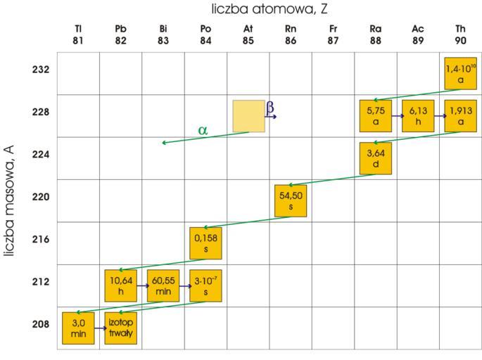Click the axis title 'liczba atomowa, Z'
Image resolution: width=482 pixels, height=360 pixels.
click(x=269, y=10)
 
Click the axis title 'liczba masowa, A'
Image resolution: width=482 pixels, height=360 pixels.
click(x=11, y=196)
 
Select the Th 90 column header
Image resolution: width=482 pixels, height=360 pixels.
click(x=460, y=33)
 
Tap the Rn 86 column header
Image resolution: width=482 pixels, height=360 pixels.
click(x=290, y=33)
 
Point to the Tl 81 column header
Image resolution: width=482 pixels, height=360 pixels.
click(x=78, y=33)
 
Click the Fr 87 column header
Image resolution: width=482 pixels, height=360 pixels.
click(x=333, y=33)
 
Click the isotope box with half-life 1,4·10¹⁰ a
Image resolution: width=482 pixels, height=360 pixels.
click(x=460, y=74)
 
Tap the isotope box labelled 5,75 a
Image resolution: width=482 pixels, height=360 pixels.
click(x=376, y=116)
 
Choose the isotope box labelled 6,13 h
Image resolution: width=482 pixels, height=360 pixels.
click(x=418, y=116)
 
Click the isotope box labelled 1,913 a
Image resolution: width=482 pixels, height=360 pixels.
click(x=460, y=116)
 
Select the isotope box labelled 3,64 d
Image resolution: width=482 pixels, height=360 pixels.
click(x=376, y=158)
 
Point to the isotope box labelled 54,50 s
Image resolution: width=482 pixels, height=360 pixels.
click(x=290, y=201)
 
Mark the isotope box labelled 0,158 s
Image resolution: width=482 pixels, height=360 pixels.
click(x=205, y=243)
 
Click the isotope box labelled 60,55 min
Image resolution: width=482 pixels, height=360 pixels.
click(x=163, y=285)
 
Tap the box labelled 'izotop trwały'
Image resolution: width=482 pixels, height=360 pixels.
click(x=120, y=328)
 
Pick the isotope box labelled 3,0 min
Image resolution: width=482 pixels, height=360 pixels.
click(x=78, y=328)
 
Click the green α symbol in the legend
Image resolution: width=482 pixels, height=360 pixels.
click(x=203, y=130)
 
